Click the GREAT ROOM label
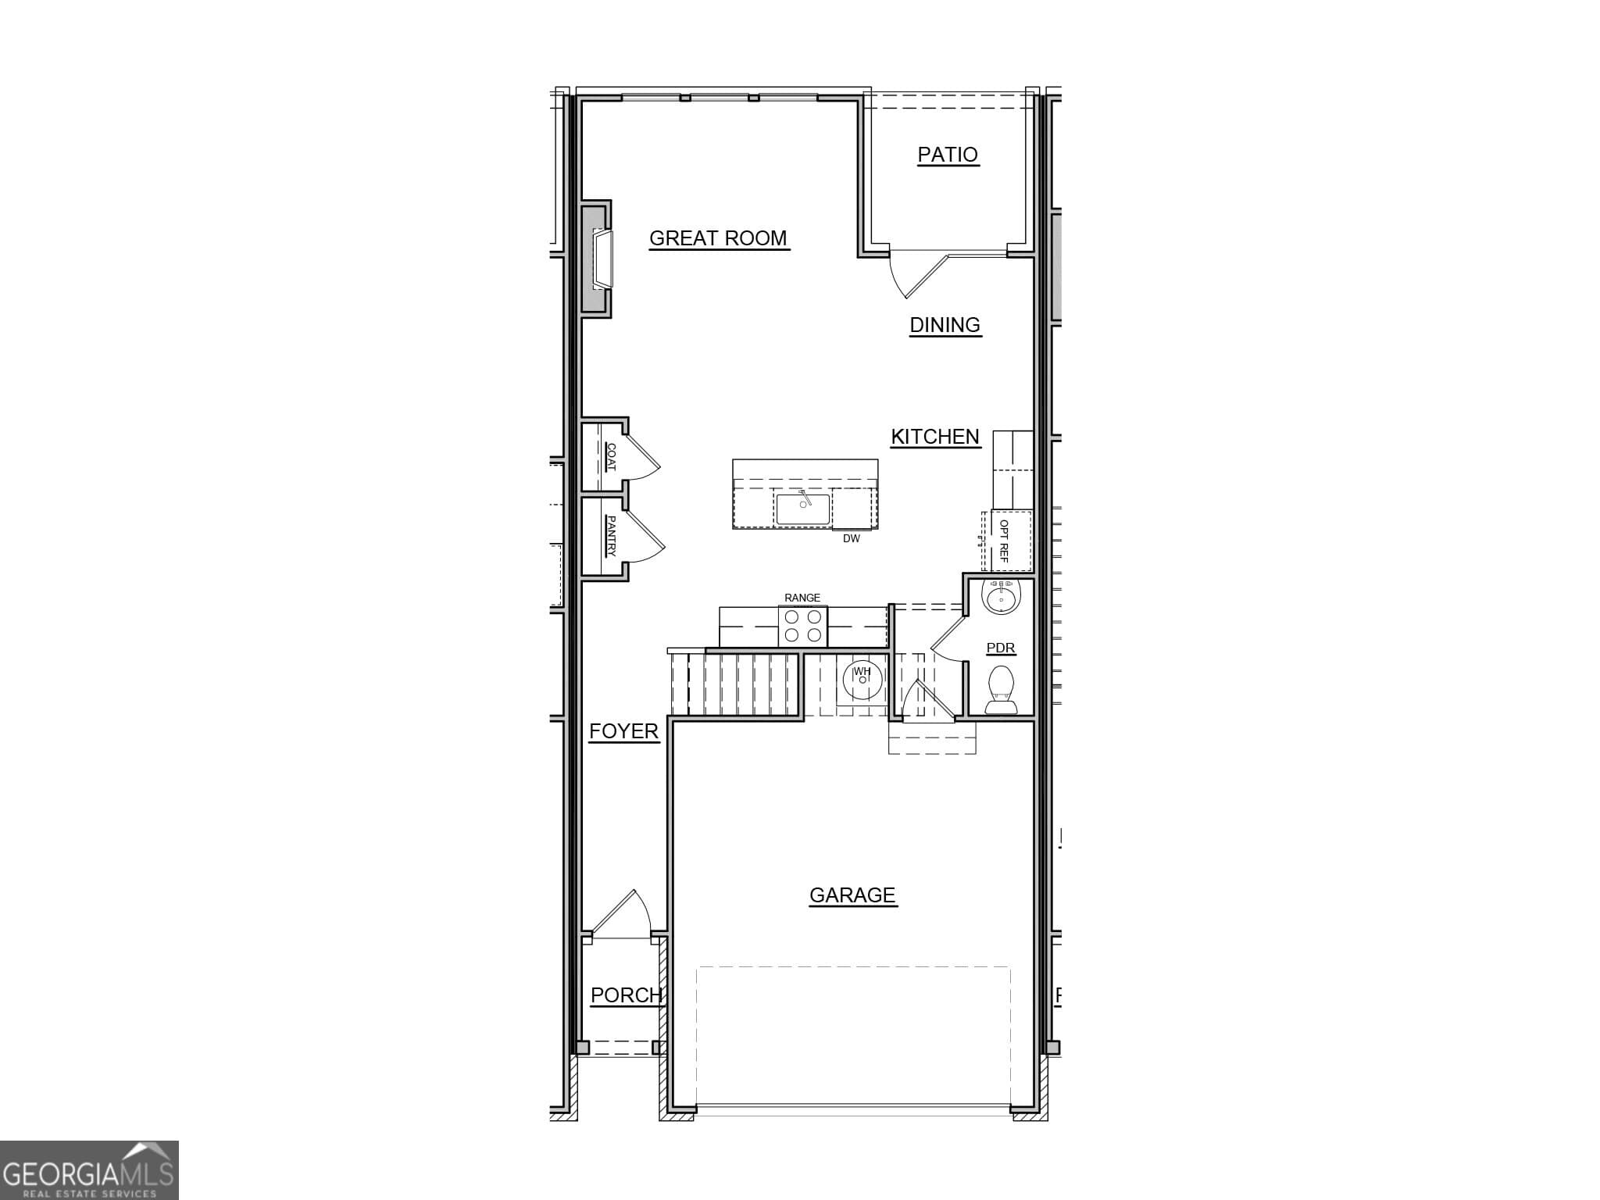pyautogui.click(x=718, y=238)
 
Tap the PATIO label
pyautogui.click(x=947, y=155)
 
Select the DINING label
pyautogui.click(x=945, y=325)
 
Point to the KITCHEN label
pyautogui.click(x=935, y=437)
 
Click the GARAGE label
pyautogui.click(x=852, y=895)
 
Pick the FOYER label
pyautogui.click(x=623, y=731)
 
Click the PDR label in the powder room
pyautogui.click(x=1001, y=648)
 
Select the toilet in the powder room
pyautogui.click(x=1001, y=690)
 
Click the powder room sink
pyautogui.click(x=1001, y=598)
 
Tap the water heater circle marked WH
pyautogui.click(x=862, y=678)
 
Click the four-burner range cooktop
pyautogui.click(x=802, y=626)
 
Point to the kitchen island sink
pyautogui.click(x=802, y=509)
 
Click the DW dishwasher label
pyautogui.click(x=851, y=539)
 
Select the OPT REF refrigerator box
pyautogui.click(x=1009, y=541)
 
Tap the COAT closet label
pyautogui.click(x=611, y=457)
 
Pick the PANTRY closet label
pyautogui.click(x=611, y=535)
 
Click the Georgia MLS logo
pyautogui.click(x=89, y=1170)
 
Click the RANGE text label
pyautogui.click(x=802, y=598)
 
